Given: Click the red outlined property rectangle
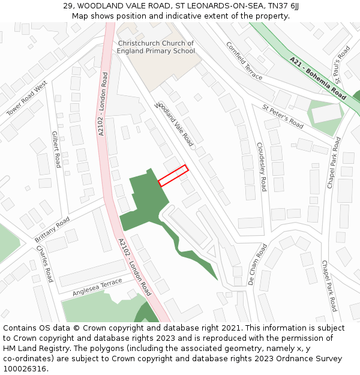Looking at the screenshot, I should pyautogui.click(x=173, y=175).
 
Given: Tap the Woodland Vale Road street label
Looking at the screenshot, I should pyautogui.click(x=175, y=124).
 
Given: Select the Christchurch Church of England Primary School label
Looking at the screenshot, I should pyautogui.click(x=156, y=47).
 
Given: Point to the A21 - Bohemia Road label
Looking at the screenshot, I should pyautogui.click(x=318, y=78).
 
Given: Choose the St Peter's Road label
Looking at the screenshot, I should pyautogui.click(x=283, y=116).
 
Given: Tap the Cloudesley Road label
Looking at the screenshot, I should pyautogui.click(x=262, y=167).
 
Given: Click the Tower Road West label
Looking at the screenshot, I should pyautogui.click(x=26, y=99).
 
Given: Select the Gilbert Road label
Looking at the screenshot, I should pyautogui.click(x=56, y=149).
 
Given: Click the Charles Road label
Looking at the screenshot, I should pyautogui.click(x=45, y=263).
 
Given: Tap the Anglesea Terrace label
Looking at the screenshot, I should pyautogui.click(x=97, y=287).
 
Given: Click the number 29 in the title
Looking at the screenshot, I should pyautogui.click(x=68, y=6).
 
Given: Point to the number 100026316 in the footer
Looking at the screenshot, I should pyautogui.click(x=25, y=368).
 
